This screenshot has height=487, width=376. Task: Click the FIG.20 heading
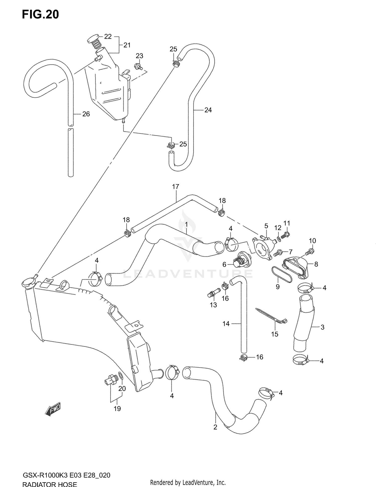point(40,15)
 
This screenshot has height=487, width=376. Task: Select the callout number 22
point(108,37)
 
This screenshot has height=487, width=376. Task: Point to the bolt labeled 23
point(138,67)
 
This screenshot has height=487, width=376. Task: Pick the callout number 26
point(86,114)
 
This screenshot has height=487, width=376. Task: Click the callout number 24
point(208,110)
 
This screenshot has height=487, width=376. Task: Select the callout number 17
point(175,187)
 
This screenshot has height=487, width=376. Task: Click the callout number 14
point(226,324)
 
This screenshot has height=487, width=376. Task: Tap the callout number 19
point(117,408)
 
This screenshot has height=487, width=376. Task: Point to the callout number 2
point(215,427)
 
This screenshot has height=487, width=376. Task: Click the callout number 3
point(322,327)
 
